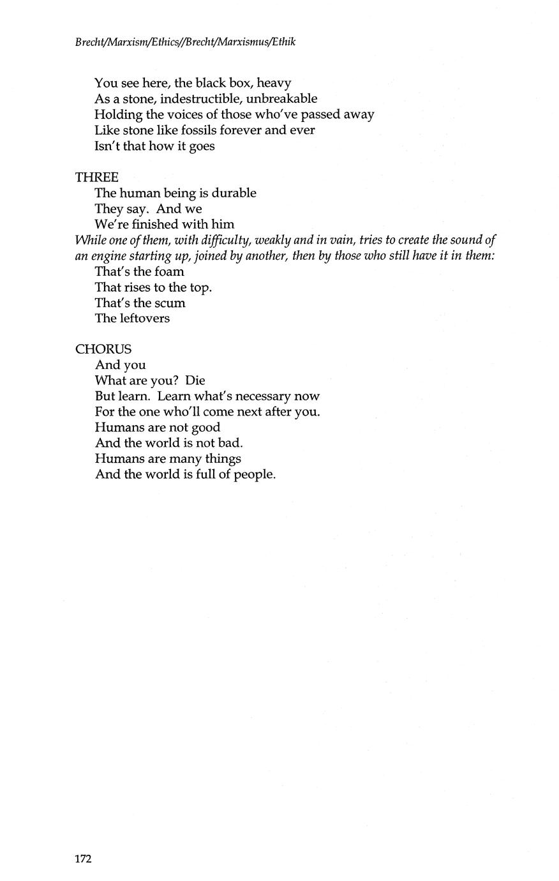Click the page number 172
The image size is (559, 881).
coord(84,859)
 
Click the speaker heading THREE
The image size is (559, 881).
coord(96,177)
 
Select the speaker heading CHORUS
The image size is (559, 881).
coord(103,349)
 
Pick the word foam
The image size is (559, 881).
coord(169,271)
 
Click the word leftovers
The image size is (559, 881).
coord(144,318)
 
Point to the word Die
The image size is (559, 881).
coord(195,380)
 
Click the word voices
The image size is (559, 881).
coord(179,114)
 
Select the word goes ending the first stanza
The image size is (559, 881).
coord(202,146)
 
